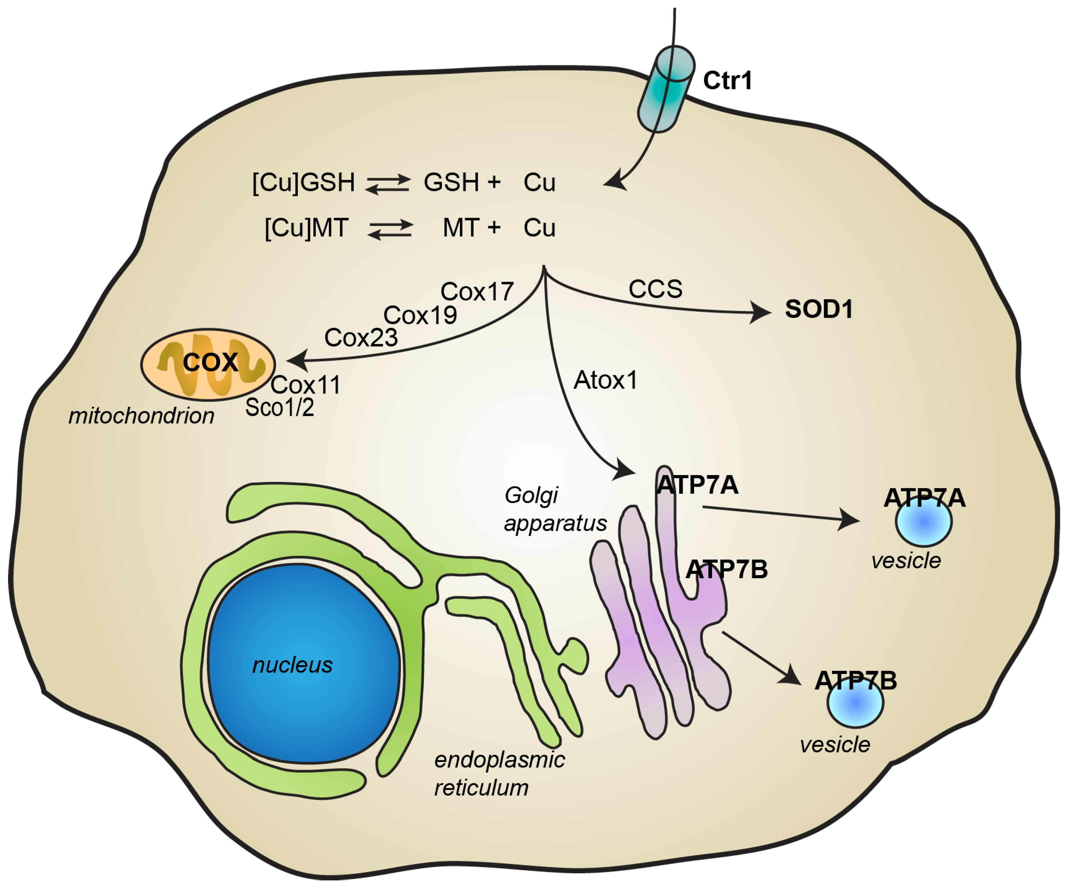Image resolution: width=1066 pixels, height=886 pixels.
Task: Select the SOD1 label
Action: (819, 309)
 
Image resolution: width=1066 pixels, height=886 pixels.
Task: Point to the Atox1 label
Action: (606, 380)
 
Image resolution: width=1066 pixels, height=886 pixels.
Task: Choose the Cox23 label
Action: (361, 338)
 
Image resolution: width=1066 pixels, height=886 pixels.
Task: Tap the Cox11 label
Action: (306, 385)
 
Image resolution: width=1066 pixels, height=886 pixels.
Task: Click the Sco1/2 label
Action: (280, 407)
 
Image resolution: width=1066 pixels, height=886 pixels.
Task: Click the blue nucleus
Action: (304, 665)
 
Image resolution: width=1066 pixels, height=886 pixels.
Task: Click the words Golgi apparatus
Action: (555, 509)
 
